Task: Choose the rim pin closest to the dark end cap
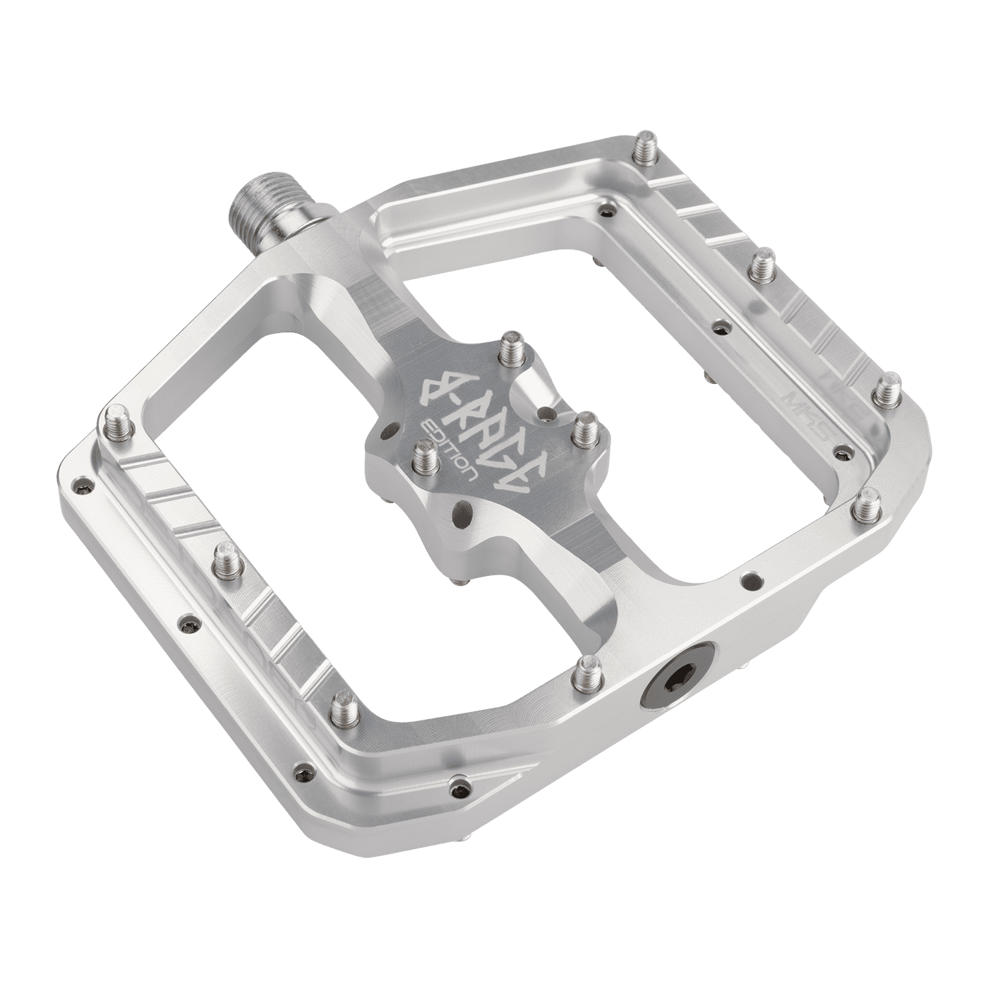[x=587, y=673]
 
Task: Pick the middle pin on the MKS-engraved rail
[x=760, y=269]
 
